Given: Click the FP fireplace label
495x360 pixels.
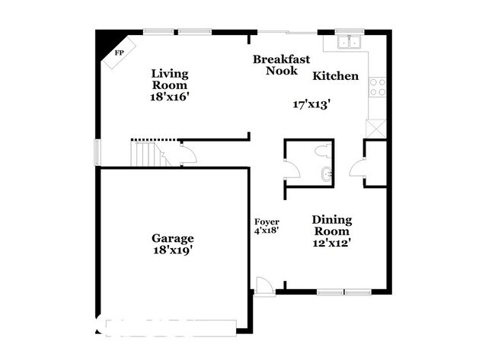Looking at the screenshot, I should (x=119, y=53).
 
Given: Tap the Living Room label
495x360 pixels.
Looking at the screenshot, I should (x=169, y=80).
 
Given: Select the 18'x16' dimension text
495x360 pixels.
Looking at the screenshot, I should (x=169, y=97).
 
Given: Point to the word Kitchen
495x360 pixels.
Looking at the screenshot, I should (x=335, y=76).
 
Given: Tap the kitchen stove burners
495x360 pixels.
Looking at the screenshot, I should (x=377, y=86).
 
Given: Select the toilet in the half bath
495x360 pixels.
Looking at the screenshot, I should (x=323, y=148).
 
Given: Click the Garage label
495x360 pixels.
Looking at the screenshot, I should (x=172, y=238).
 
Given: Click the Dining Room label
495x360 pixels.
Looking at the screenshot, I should (x=331, y=225).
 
